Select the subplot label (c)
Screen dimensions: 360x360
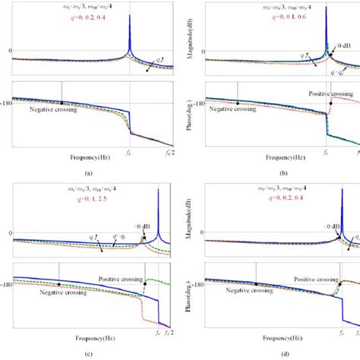(89, 352)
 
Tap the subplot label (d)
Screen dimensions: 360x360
(272, 352)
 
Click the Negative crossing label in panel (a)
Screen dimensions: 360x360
(55, 109)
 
